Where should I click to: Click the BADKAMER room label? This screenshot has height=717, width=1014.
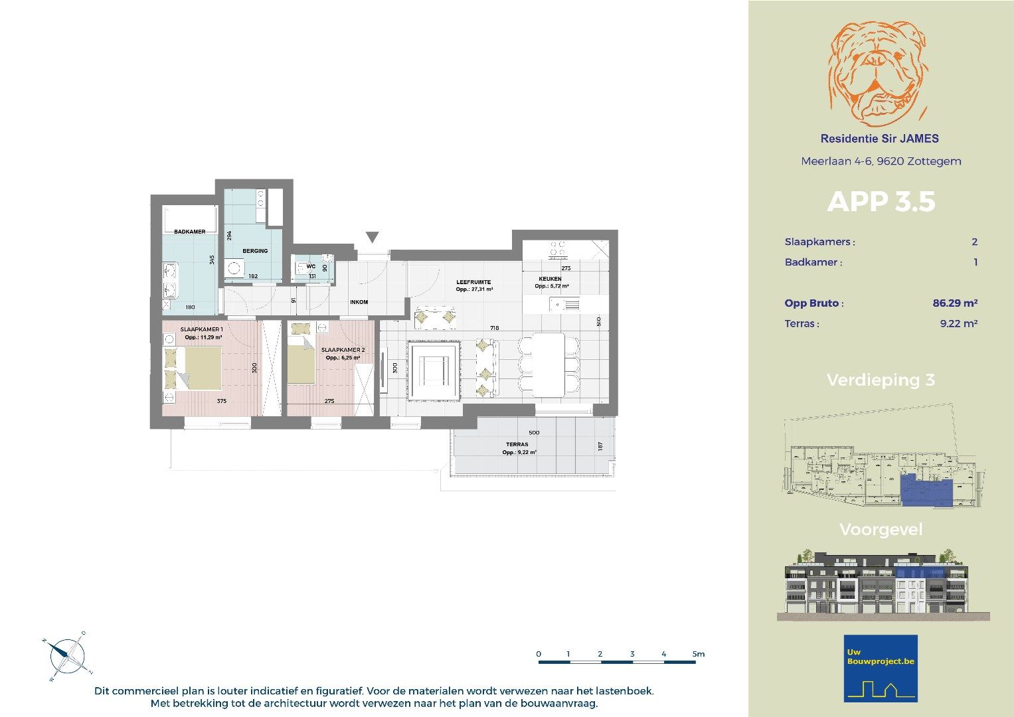pos(190,232)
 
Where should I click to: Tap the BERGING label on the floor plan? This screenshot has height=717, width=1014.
pos(255,251)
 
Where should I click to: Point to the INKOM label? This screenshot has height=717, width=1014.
pos(359,302)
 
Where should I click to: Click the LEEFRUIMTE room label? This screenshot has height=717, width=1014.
pos(473,282)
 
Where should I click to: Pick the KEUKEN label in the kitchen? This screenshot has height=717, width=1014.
pos(550,279)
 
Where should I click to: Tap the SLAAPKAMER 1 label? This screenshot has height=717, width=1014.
pos(201,329)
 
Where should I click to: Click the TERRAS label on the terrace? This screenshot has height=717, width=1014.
pos(517,445)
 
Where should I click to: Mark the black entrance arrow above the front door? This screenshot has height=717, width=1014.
pos(373,237)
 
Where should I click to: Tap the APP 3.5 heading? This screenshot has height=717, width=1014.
pos(881,202)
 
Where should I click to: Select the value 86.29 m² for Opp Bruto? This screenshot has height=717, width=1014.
pos(955,303)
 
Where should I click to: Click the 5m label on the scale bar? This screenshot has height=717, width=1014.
pos(698,654)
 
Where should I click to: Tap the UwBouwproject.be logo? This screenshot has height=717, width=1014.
pos(881,668)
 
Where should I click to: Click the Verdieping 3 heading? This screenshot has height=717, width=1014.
pos(881,380)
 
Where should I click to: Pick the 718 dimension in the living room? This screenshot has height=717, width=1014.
pos(494,328)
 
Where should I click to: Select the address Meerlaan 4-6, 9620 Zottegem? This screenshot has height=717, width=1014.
pos(881,161)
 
